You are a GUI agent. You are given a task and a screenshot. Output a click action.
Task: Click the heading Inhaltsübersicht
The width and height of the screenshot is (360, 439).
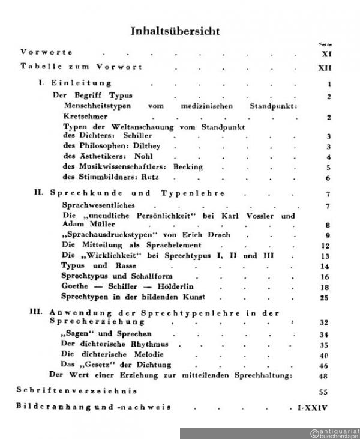(x=180, y=31)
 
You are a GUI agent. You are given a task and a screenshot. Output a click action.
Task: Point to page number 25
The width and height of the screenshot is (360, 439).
(x=325, y=298)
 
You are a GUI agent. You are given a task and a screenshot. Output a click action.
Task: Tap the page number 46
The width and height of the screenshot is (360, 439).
(x=325, y=365)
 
